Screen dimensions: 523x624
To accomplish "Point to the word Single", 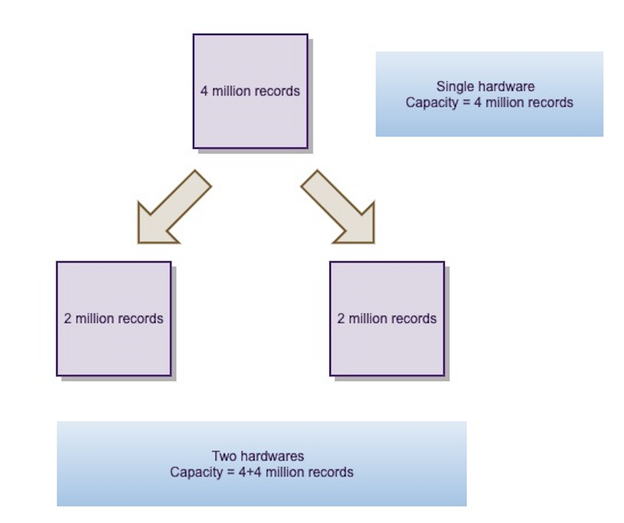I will tap(452, 87).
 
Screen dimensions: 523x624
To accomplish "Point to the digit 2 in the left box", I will tap(68, 318).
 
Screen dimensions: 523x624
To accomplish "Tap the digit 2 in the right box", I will tap(341, 318).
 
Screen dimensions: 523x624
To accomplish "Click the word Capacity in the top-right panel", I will tap(428, 103).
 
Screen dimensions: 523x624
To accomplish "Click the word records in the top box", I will tap(277, 91).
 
